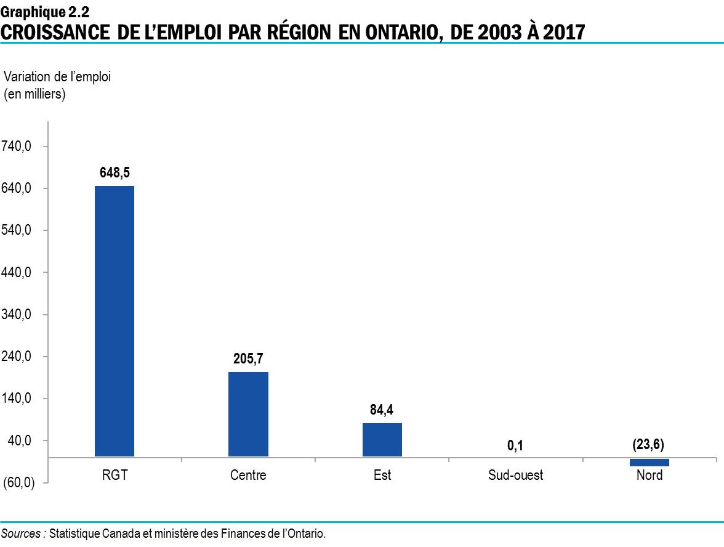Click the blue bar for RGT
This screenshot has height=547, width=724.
115,321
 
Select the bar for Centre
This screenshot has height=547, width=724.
248,414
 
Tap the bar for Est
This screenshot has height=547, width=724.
382,440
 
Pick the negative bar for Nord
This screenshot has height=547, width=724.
649,463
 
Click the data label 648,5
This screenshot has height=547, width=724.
115,173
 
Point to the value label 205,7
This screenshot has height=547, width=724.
248,359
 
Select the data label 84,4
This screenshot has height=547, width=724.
382,410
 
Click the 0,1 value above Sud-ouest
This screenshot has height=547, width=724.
515,445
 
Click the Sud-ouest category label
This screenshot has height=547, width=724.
515,476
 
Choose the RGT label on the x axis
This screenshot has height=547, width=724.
115,476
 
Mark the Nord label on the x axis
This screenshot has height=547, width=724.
649,476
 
